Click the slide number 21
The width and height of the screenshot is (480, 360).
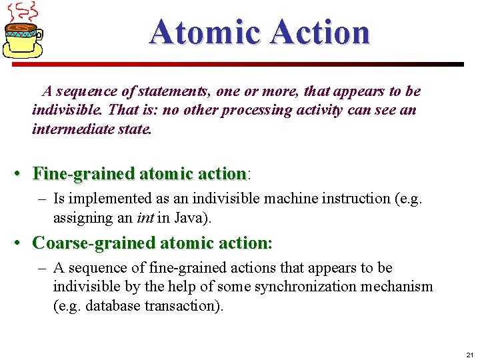tap(469, 354)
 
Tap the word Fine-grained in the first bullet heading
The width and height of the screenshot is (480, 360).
tap(83, 174)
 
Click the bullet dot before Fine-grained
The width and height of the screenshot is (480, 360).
tap(22, 175)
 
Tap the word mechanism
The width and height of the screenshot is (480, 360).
tap(403, 287)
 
